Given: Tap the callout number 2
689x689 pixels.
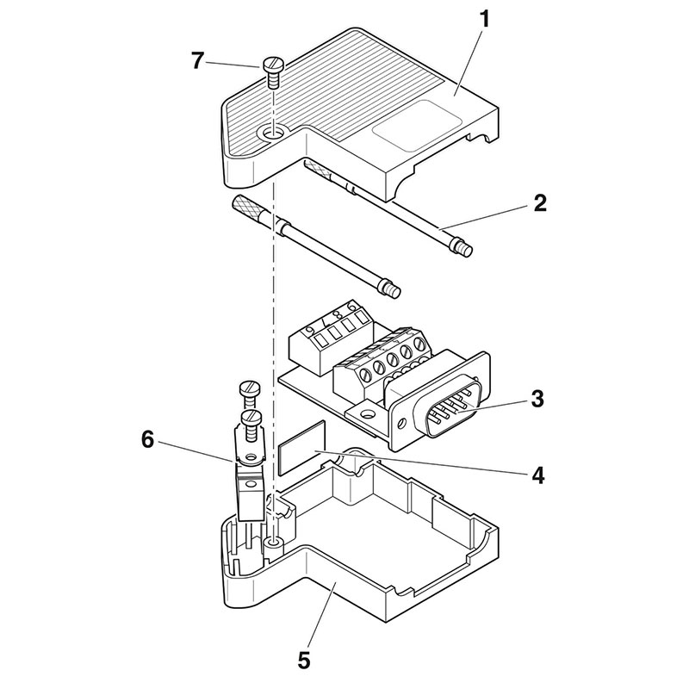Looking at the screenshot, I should [539, 204].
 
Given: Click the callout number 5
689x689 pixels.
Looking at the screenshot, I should [302, 661].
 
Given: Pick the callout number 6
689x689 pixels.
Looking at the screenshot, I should [147, 439].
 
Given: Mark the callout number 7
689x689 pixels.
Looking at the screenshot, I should [198, 60].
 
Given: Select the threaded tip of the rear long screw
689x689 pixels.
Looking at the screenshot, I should [464, 251].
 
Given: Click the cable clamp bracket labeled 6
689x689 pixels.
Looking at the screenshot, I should [249, 482].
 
